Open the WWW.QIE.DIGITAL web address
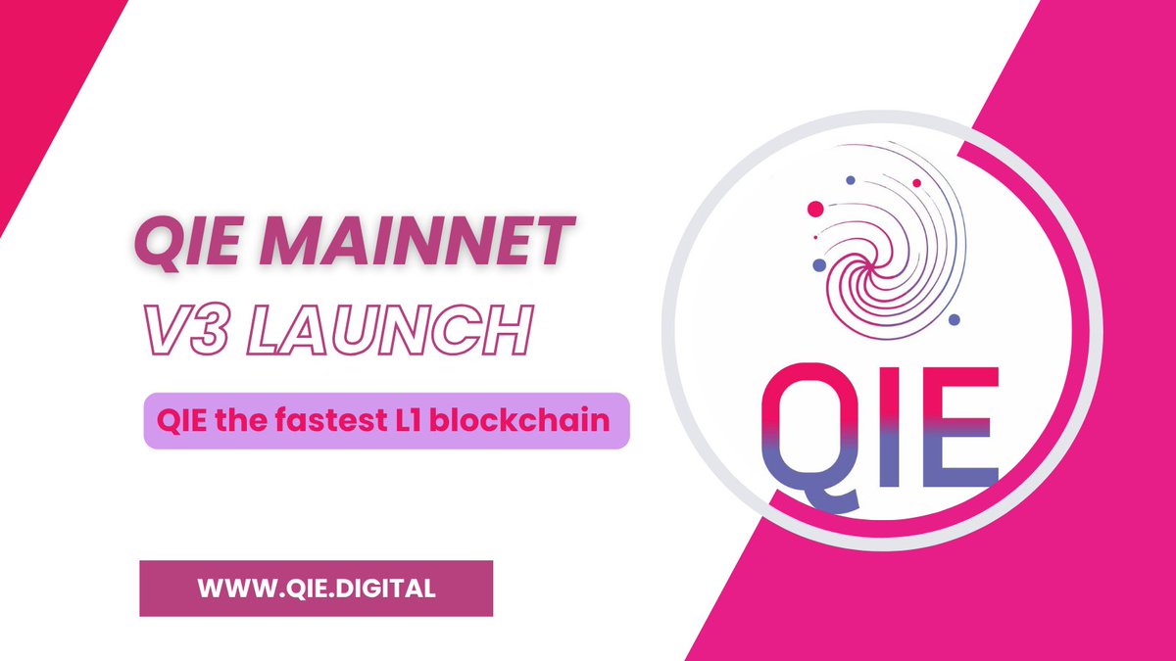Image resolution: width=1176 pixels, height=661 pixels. click(x=316, y=589)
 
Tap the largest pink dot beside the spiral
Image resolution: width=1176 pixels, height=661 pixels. click(x=814, y=209)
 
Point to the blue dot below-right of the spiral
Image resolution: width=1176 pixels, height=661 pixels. click(x=955, y=320)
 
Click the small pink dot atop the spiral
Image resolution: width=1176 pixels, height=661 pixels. click(x=916, y=183)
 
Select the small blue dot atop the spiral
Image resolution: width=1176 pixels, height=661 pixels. click(x=851, y=179)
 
